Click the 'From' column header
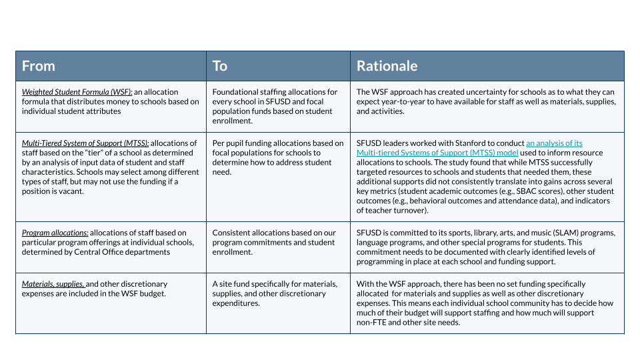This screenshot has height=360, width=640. click(x=39, y=66)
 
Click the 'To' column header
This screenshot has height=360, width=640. click(x=220, y=66)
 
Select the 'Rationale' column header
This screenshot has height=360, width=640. click(x=387, y=66)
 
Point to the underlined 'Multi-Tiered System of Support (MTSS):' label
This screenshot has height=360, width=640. click(x=85, y=143)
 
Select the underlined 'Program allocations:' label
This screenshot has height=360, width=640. click(x=55, y=233)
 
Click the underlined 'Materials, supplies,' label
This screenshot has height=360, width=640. click(x=53, y=284)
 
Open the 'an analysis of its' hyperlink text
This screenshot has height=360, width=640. click(x=555, y=143)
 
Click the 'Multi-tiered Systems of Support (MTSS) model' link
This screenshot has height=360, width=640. click(x=437, y=153)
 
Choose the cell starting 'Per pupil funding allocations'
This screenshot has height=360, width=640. click(x=277, y=157)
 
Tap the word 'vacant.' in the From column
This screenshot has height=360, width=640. click(x=75, y=191)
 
